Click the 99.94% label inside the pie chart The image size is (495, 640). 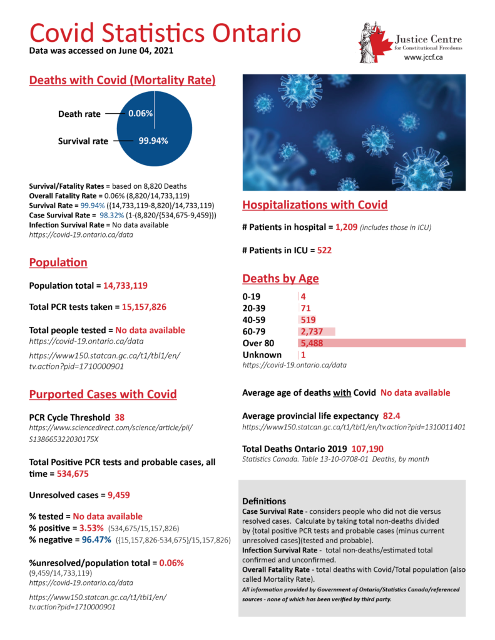click(153, 141)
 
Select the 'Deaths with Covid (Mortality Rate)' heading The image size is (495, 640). click(123, 80)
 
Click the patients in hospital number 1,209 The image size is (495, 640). click(346, 228)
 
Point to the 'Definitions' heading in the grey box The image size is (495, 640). click(263, 501)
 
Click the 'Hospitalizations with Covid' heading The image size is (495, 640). click(315, 204)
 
